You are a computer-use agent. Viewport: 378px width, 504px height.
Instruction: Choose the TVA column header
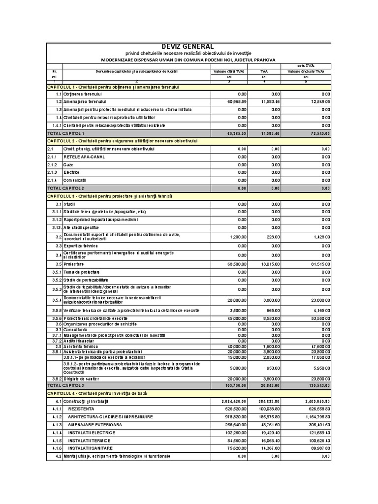coord(263,71)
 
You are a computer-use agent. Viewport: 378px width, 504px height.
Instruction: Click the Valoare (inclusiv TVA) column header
coord(306,71)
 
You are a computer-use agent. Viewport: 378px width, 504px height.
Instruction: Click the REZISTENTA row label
coord(81,409)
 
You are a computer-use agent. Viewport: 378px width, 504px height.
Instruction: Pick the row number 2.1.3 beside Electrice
coord(53,172)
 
